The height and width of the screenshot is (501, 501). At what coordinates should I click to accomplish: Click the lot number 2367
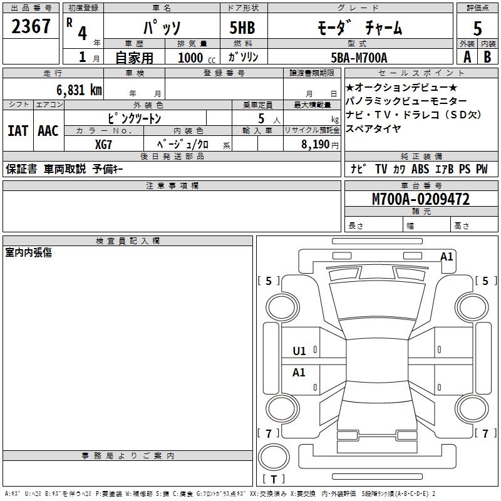[31, 27]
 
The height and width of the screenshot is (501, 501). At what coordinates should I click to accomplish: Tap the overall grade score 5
[478, 28]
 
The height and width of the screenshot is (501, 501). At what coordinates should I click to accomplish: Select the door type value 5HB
[242, 28]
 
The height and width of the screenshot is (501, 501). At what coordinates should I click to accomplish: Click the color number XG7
[104, 144]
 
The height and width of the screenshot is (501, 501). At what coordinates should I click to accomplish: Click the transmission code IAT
[18, 131]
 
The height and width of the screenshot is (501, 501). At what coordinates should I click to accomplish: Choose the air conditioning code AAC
[48, 131]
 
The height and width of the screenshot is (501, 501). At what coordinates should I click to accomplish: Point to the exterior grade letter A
[467, 57]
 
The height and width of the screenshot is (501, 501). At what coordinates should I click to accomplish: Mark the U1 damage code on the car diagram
[299, 351]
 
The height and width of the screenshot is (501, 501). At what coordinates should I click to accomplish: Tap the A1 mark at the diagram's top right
[447, 256]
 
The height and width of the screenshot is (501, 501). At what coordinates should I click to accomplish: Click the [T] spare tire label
[274, 479]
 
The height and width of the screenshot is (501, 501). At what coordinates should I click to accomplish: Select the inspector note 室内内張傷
[29, 252]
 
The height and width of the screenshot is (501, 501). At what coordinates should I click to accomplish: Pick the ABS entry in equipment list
[420, 169]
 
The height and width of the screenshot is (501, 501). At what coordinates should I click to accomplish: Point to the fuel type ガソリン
[244, 57]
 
